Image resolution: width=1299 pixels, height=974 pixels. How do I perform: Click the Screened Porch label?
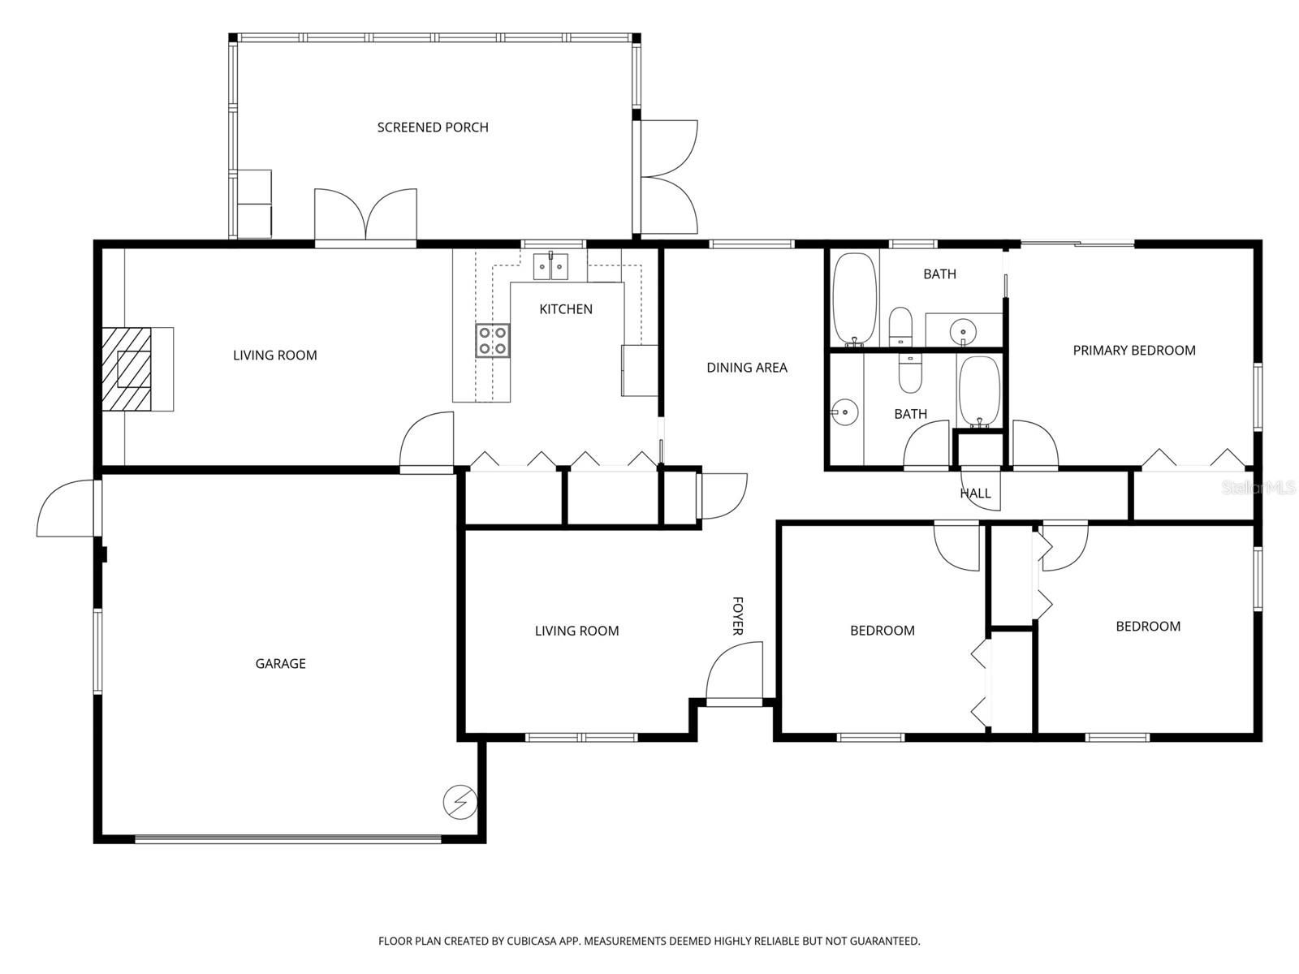point(433,127)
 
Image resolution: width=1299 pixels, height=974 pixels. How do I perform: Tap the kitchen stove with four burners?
point(493,340)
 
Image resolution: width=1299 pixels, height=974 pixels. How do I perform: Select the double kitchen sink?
point(550,266)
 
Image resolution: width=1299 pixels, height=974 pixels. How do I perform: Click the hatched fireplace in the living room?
point(127,369)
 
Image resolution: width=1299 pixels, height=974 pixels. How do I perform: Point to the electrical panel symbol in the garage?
point(460,803)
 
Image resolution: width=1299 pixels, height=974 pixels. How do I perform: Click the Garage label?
point(280,664)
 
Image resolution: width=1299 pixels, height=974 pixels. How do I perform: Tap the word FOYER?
point(738,616)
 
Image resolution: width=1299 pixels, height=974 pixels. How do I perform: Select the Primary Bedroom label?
point(1133,351)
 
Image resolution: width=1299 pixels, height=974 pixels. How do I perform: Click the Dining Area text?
point(746,368)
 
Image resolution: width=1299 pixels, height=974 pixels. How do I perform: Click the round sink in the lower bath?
point(845,412)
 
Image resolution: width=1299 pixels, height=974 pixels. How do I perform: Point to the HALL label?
point(975,493)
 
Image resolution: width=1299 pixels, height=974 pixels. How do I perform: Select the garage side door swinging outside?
point(67,509)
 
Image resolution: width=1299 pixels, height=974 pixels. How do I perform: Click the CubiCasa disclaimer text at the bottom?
point(649,942)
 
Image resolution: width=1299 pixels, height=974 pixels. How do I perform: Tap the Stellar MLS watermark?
point(1259,488)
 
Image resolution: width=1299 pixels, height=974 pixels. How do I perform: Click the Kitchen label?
point(566,309)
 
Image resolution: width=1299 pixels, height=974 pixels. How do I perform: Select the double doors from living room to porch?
point(365,217)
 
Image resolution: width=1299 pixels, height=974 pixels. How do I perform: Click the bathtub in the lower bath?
point(979,391)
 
